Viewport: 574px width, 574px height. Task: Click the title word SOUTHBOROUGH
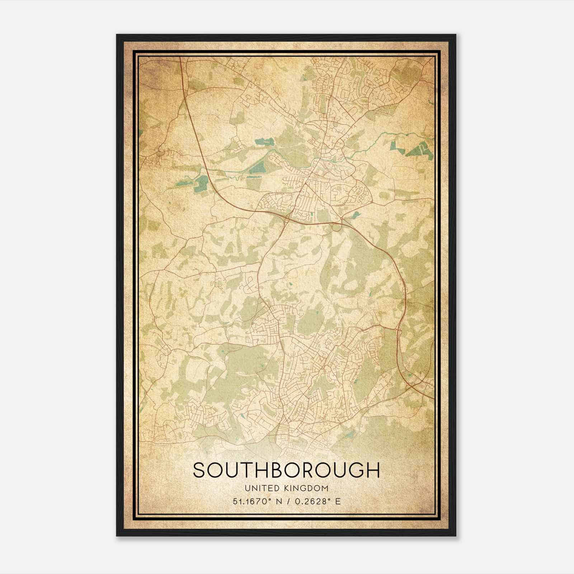click(x=286, y=470)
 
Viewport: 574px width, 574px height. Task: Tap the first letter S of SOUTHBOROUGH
click(x=199, y=470)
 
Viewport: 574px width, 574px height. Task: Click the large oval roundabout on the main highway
click(x=337, y=227)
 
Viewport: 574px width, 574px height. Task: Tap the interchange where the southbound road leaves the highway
click(x=287, y=217)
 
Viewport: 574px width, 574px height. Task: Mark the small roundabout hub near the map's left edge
click(x=160, y=154)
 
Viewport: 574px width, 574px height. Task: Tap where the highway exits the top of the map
click(x=180, y=58)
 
